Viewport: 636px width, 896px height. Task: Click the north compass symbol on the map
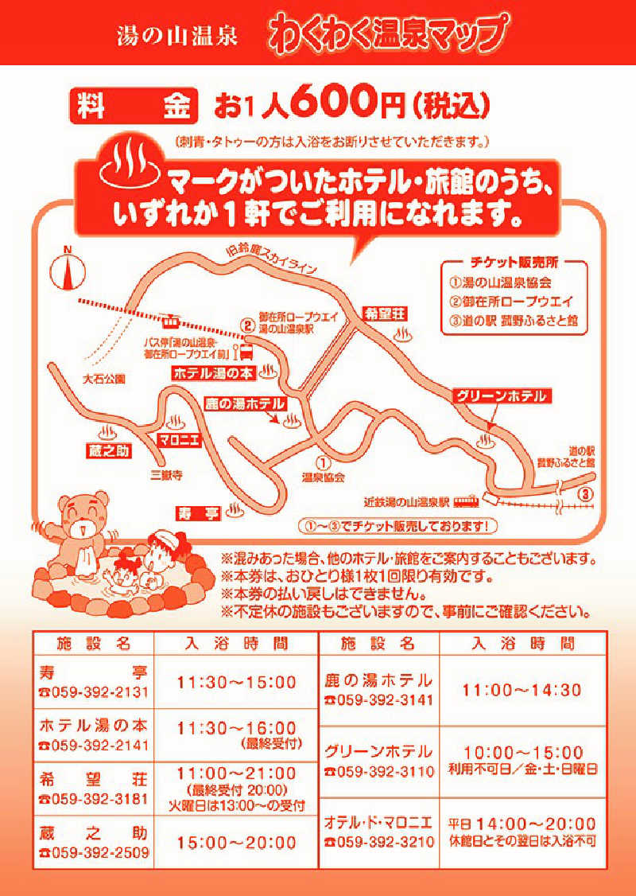(68, 271)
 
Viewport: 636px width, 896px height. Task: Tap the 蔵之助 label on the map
(108, 451)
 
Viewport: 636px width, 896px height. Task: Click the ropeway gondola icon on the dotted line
(169, 322)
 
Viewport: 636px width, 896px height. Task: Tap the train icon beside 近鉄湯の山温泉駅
(467, 501)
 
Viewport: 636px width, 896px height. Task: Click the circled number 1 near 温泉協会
(323, 462)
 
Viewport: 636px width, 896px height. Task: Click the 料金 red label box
(134, 106)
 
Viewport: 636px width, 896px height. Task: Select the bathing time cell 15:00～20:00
(236, 843)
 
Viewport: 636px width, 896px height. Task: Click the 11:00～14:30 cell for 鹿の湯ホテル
(522, 690)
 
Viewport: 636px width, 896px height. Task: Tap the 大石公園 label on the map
(103, 379)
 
